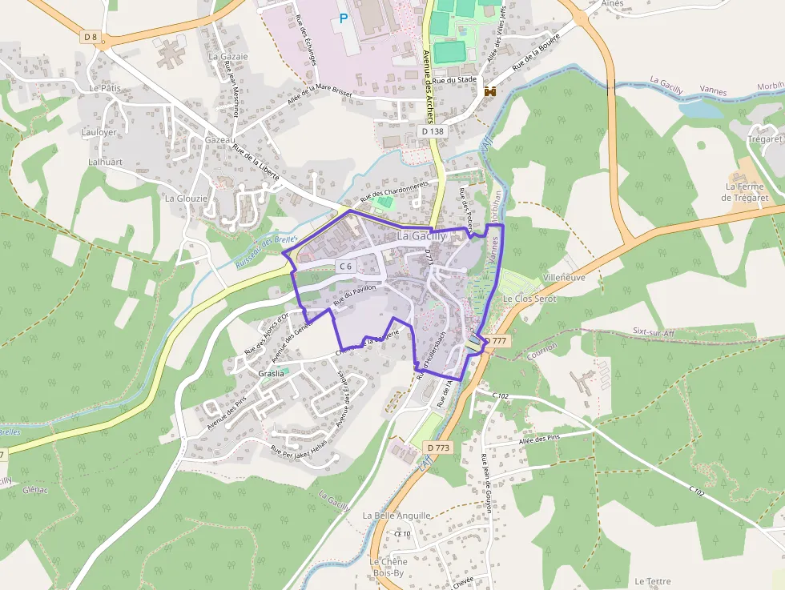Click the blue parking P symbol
click(344, 17)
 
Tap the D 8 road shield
click(90, 36)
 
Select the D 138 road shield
click(432, 130)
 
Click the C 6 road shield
click(345, 266)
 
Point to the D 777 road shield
click(496, 340)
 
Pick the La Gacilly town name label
click(422, 236)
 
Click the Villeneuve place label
click(564, 277)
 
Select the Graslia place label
click(272, 373)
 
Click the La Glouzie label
click(186, 198)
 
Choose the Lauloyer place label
click(99, 132)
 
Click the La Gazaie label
click(228, 57)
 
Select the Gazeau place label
click(219, 139)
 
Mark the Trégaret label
click(763, 138)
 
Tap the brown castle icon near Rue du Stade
click(489, 91)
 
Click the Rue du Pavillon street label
click(354, 298)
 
